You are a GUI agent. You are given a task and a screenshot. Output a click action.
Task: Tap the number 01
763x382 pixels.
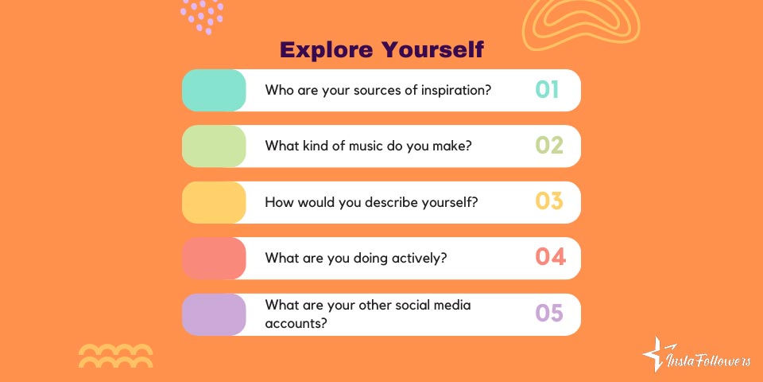pos(547,90)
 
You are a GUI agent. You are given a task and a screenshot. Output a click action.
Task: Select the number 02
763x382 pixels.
pos(548,146)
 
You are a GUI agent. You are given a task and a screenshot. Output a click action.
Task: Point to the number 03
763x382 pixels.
pos(548,202)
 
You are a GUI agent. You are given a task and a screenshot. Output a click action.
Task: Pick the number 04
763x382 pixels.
pos(550,258)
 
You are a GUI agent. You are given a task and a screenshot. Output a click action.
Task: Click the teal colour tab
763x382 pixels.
pos(214,90)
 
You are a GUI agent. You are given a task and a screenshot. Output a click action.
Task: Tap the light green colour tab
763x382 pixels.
pos(214,146)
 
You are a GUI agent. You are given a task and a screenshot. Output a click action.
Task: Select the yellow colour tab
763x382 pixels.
pos(214,202)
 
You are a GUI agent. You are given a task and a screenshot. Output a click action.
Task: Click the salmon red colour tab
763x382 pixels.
pos(214,258)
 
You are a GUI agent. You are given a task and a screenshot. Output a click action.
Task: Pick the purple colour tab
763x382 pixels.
pos(214,314)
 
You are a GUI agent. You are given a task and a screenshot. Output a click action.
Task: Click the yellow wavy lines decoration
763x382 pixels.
pos(115,355)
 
